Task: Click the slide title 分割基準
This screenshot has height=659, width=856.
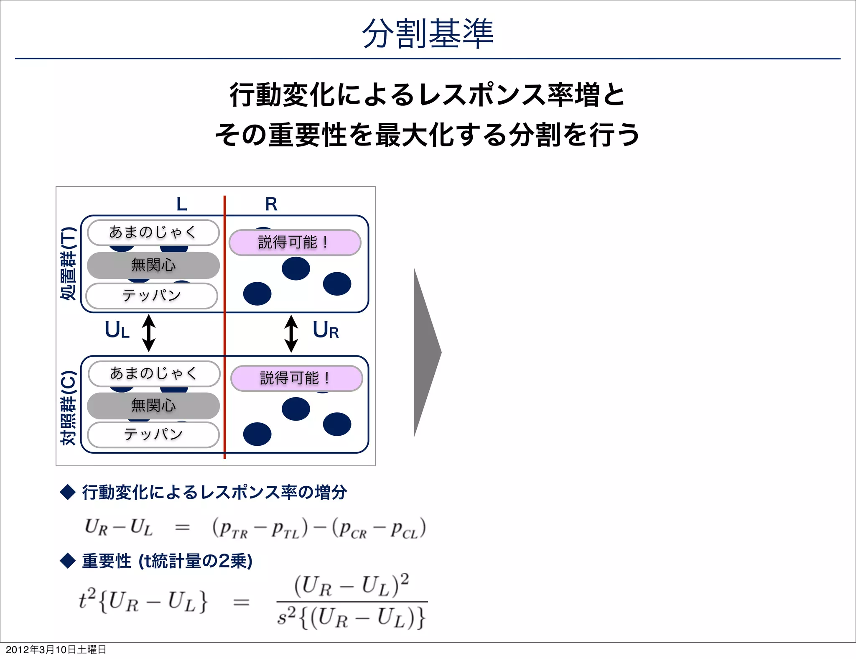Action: pyautogui.click(x=428, y=33)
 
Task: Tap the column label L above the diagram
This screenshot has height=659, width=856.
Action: pyautogui.click(x=181, y=204)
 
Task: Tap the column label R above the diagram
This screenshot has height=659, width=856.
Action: pyautogui.click(x=271, y=204)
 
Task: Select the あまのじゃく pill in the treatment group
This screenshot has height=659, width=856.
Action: pyautogui.click(x=153, y=232)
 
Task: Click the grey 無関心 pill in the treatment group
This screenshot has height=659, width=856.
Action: pyautogui.click(x=153, y=265)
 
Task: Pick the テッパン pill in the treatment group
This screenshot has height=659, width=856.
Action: pyautogui.click(x=152, y=296)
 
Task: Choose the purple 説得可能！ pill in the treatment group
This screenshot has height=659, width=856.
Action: pyautogui.click(x=295, y=243)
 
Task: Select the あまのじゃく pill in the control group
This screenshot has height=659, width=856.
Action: pyautogui.click(x=154, y=373)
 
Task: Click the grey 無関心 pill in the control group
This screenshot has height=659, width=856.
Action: pyautogui.click(x=153, y=406)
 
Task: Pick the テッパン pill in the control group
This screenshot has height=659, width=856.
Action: pyautogui.click(x=153, y=435)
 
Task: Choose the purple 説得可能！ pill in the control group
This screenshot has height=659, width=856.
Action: pyautogui.click(x=296, y=378)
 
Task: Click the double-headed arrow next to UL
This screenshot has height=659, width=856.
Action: pyautogui.click(x=149, y=333)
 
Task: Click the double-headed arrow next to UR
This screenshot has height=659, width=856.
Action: pyautogui.click(x=291, y=334)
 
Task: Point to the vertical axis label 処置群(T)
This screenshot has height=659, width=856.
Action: pyautogui.click(x=68, y=263)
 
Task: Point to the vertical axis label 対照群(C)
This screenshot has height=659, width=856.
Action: pyautogui.click(x=68, y=408)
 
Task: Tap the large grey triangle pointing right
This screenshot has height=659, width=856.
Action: pyautogui.click(x=425, y=352)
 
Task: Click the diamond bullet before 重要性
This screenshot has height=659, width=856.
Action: pyautogui.click(x=68, y=561)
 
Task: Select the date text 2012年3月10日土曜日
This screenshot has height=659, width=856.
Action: pyautogui.click(x=56, y=649)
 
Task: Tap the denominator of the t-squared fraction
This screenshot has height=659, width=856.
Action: pyautogui.click(x=351, y=618)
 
